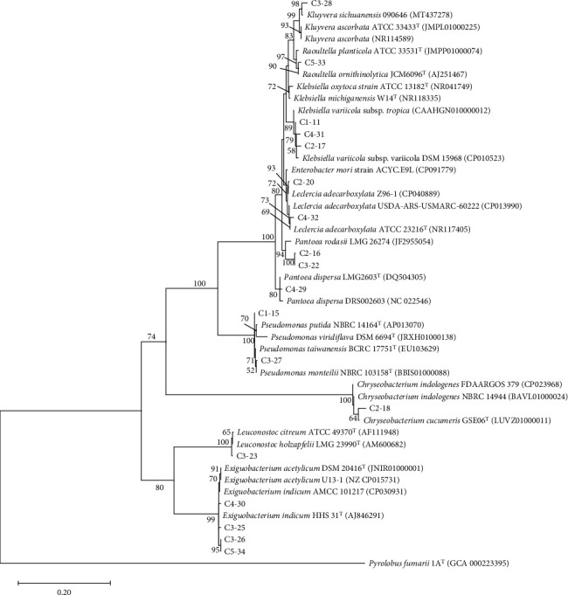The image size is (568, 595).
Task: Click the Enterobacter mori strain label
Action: click(364, 170)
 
